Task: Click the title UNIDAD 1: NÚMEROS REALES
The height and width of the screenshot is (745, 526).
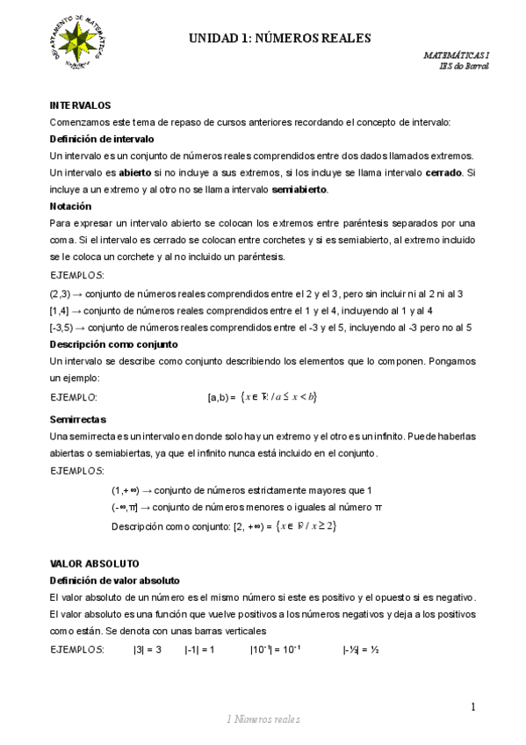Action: (x=281, y=38)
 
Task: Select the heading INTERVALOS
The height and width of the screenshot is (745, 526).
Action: (x=80, y=105)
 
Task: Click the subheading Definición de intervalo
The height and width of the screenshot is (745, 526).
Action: (x=102, y=139)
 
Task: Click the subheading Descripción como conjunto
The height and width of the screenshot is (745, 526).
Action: (x=114, y=344)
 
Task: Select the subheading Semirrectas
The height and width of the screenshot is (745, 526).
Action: (x=78, y=420)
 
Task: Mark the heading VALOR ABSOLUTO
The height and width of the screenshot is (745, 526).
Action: (x=95, y=562)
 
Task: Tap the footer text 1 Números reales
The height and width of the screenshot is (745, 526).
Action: (x=263, y=720)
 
